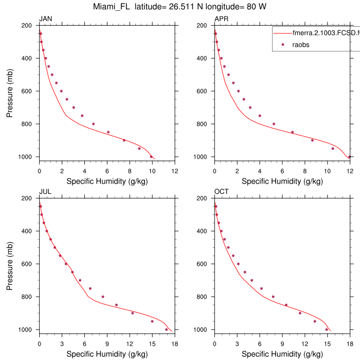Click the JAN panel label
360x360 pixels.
[46, 20]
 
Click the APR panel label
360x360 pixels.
[222, 20]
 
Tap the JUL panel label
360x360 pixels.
[45, 192]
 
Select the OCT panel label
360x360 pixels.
[222, 192]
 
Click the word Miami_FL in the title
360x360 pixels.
[112, 7]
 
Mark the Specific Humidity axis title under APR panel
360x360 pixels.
[282, 181]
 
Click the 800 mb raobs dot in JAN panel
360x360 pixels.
[93, 124]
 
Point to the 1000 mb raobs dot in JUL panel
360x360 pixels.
[166, 329]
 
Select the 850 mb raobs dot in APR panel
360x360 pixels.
[292, 132]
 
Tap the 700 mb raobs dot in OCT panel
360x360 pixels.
[251, 280]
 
